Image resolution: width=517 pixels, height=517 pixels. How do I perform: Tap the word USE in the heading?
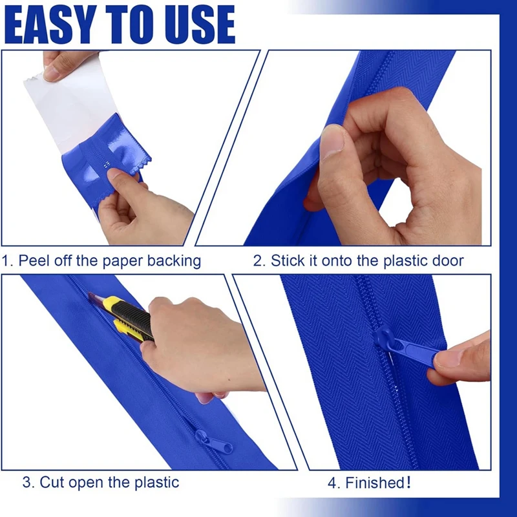pyautogui.click(x=200, y=25)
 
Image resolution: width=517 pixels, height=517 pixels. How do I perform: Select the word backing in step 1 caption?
pyautogui.click(x=174, y=261)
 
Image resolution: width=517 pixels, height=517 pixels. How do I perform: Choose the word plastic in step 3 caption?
pyautogui.click(x=156, y=483)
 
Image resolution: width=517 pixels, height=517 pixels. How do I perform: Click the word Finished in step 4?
pyautogui.click(x=375, y=483)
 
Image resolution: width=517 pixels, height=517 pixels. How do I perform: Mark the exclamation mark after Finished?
pyautogui.click(x=409, y=483)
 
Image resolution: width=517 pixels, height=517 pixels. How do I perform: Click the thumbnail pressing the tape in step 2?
pyautogui.click(x=332, y=141)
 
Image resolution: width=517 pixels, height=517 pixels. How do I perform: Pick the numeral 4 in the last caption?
pyautogui.click(x=332, y=483)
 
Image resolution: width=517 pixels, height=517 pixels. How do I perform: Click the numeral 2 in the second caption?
pyautogui.click(x=257, y=261)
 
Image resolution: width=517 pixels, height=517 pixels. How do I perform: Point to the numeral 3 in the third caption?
pyautogui.click(x=26, y=482)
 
